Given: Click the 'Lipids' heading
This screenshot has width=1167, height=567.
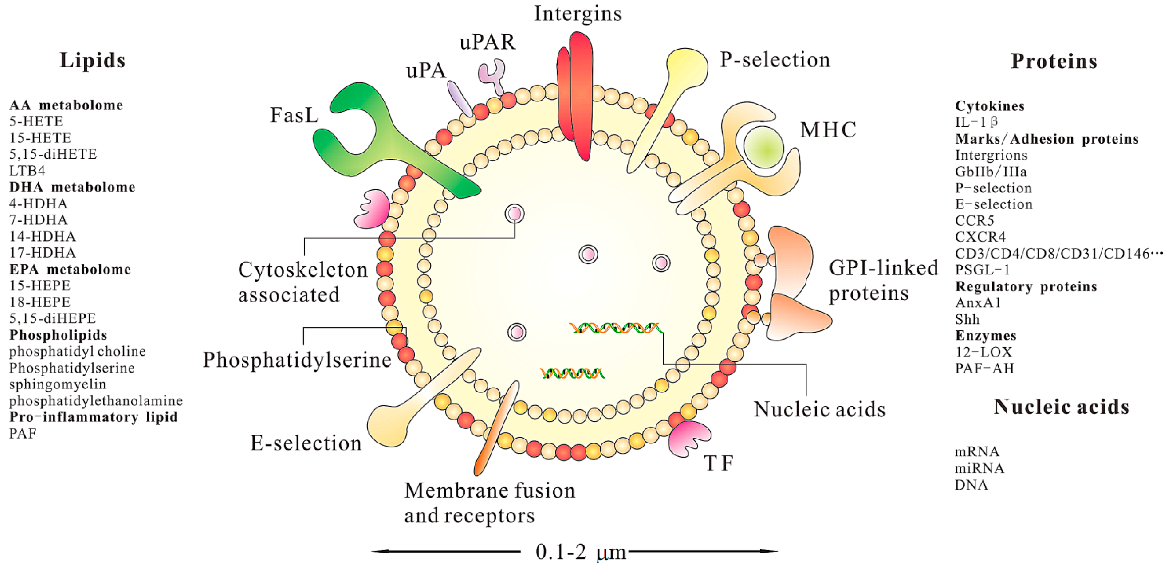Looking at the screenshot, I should pyautogui.click(x=92, y=61).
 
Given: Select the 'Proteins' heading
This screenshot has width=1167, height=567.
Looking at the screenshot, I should pyautogui.click(x=1054, y=62).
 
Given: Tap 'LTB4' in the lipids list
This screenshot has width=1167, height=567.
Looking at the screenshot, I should pyautogui.click(x=27, y=171).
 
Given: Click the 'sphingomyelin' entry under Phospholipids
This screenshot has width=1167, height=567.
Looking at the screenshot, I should pyautogui.click(x=58, y=384).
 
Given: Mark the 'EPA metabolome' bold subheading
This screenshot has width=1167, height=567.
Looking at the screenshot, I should pyautogui.click(x=70, y=270).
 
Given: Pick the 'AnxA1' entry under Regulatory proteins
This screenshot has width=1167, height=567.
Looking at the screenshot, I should pyautogui.click(x=978, y=303).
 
